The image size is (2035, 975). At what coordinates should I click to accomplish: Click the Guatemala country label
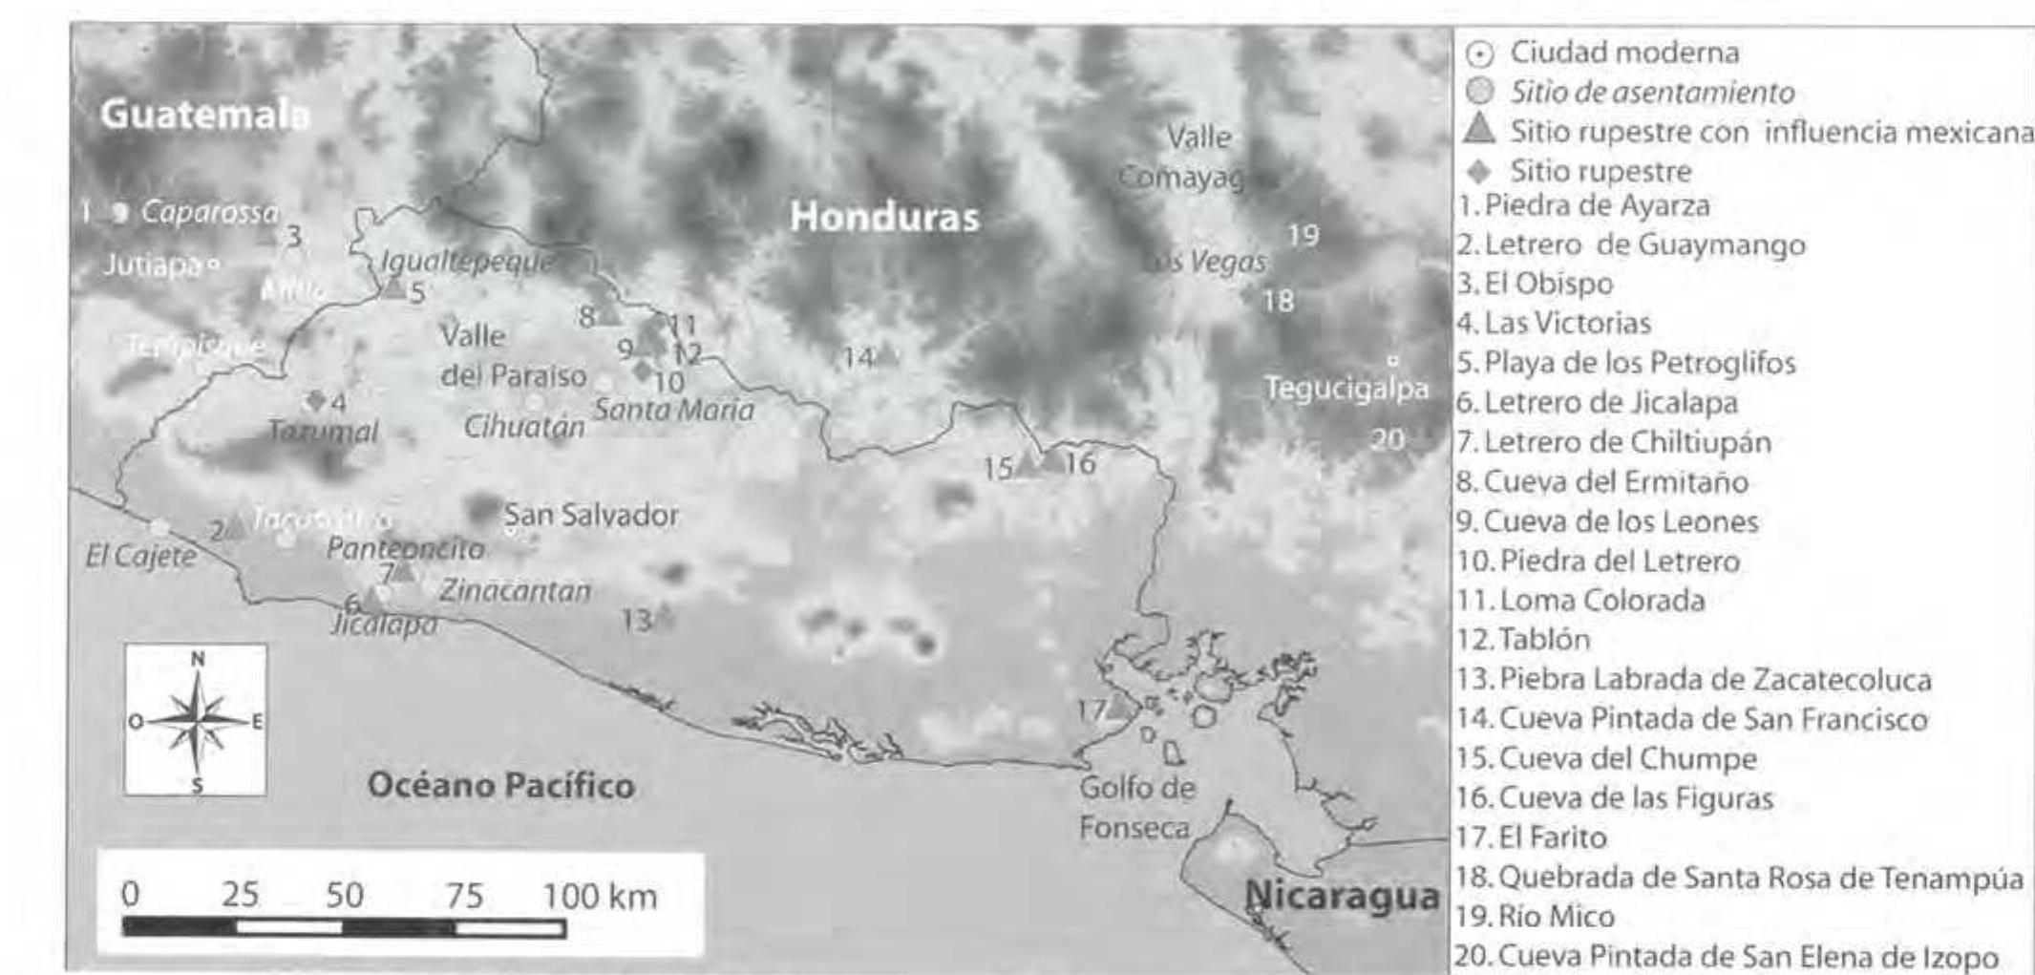[x=204, y=115]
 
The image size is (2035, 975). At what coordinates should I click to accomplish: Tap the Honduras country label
[x=884, y=218]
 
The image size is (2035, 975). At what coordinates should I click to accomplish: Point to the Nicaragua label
[x=1342, y=896]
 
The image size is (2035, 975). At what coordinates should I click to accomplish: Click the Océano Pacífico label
[x=501, y=786]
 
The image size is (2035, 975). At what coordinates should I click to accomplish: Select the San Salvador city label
[x=591, y=516]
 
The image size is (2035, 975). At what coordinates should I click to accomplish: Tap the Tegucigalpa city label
[x=1346, y=389]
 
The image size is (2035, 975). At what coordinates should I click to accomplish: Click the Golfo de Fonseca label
[x=1136, y=808]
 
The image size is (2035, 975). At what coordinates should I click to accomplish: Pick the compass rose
[x=196, y=720]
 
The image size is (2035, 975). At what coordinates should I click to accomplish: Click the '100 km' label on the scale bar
[x=600, y=897]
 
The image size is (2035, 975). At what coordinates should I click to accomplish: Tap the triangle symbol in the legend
[x=1479, y=129]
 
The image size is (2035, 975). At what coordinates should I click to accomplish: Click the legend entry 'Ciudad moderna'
[x=1623, y=53]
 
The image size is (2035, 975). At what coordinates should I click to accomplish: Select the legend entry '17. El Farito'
[x=1532, y=837]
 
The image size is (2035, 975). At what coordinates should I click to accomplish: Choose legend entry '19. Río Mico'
[x=1535, y=917]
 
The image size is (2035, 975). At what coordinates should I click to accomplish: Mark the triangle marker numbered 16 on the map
[x=1051, y=460]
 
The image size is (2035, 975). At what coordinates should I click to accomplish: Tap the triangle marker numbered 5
[x=393, y=286]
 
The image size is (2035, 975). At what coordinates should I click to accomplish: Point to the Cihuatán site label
[x=523, y=427]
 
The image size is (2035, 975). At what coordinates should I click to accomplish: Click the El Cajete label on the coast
[x=140, y=556]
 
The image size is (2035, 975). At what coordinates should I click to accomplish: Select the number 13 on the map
[x=636, y=621]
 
